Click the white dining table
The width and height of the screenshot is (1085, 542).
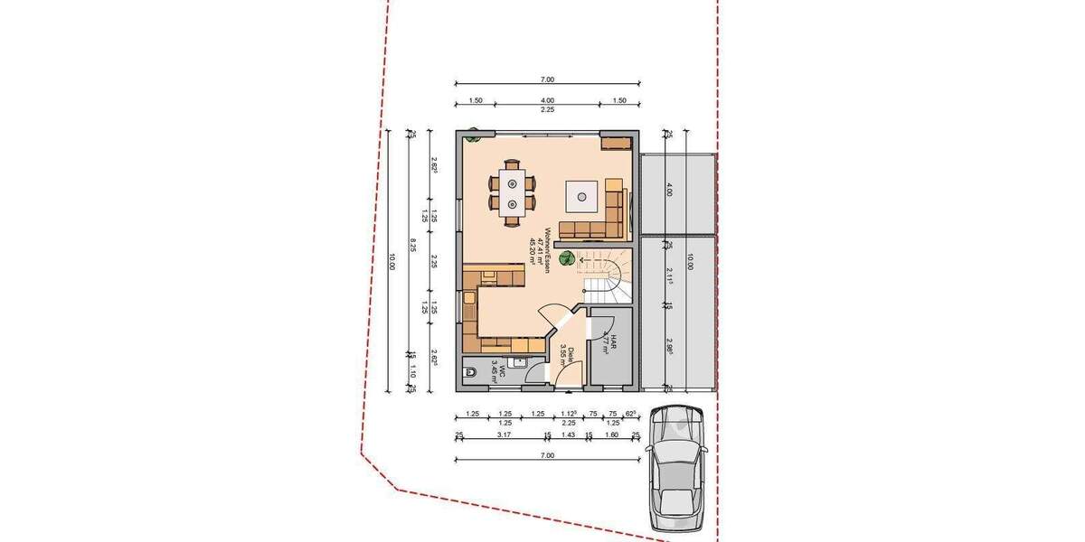click(512, 192)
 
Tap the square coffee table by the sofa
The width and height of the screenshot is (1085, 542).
click(581, 193)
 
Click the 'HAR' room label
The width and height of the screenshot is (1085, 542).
click(612, 343)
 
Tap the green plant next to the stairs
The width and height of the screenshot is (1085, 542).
click(566, 258)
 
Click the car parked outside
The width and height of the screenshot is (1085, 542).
click(677, 470)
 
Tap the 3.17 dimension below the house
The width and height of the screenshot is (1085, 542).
click(505, 435)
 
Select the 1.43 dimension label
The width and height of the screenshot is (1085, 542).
click(569, 435)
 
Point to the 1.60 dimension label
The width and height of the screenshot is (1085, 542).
click(611, 435)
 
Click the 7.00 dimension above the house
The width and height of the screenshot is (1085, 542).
click(547, 79)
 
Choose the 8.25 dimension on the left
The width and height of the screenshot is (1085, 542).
click(412, 244)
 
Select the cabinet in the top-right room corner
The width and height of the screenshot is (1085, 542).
click(616, 143)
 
